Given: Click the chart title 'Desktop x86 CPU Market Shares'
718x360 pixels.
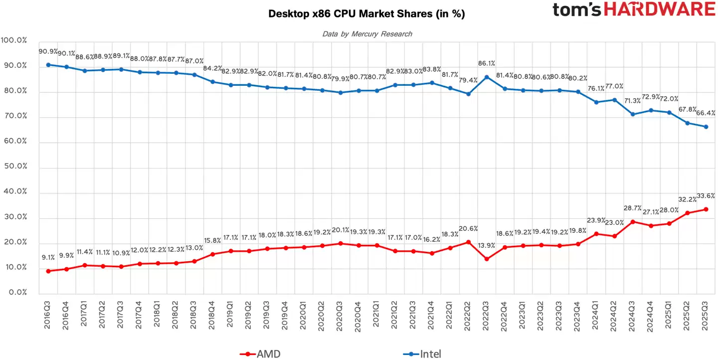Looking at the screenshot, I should (366, 14).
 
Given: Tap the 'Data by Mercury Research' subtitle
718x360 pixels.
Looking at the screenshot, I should (367, 34).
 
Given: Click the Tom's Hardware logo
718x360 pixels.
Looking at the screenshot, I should (634, 9).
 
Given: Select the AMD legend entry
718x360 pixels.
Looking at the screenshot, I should (260, 354).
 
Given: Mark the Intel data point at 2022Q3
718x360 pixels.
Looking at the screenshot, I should (486, 77).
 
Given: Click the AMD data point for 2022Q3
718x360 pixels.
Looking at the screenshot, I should (486, 259).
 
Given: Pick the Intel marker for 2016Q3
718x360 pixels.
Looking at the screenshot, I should (48, 65).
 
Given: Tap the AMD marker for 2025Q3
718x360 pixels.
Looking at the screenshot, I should (706, 209).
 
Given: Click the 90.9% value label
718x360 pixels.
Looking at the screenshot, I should (48, 51).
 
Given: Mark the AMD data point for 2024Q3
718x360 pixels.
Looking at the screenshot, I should (632, 221).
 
